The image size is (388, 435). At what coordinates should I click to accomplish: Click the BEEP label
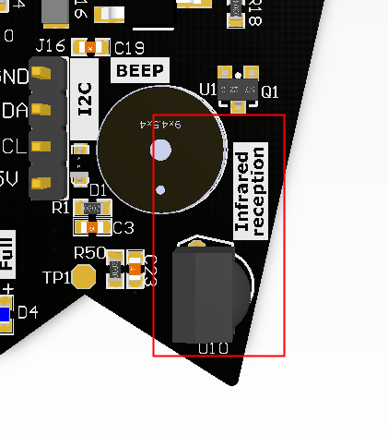pyautogui.click(x=140, y=71)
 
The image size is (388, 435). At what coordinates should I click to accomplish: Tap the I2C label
pyautogui.click(x=85, y=99)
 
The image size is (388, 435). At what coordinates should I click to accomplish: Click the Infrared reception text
pyautogui.click(x=251, y=191)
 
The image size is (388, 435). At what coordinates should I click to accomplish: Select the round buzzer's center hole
pyautogui.click(x=161, y=149)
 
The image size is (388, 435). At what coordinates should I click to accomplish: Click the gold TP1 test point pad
pyautogui.click(x=84, y=276)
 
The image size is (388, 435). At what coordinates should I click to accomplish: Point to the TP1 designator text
pyautogui.click(x=56, y=276)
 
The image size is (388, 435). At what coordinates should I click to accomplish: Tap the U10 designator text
pyautogui.click(x=214, y=348)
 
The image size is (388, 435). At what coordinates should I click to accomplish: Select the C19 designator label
pyautogui.click(x=128, y=48)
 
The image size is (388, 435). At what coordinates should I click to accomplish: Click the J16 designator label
pyautogui.click(x=50, y=45)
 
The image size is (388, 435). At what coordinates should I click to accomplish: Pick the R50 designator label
pyautogui.click(x=89, y=253)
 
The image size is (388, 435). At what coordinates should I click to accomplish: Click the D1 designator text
pyautogui.click(x=99, y=191)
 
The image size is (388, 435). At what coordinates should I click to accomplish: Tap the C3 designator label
pyautogui.click(x=123, y=227)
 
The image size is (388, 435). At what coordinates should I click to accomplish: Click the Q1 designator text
pyautogui.click(x=269, y=91)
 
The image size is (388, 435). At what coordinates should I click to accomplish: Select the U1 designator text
pyautogui.click(x=208, y=90)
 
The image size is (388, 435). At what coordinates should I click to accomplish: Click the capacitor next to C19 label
pyautogui.click(x=89, y=47)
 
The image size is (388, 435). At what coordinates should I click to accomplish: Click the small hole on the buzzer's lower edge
pyautogui.click(x=160, y=191)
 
